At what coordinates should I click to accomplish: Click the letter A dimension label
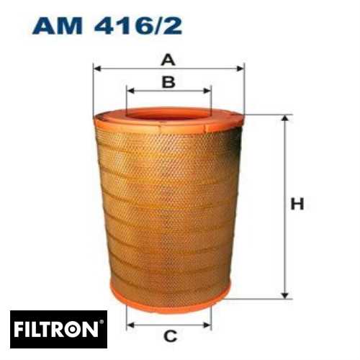pyautogui.click(x=168, y=59)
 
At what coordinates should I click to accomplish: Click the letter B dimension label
pyautogui.click(x=168, y=82)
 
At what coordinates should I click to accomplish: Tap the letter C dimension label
pyautogui.click(x=170, y=335)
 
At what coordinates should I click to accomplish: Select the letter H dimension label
pyautogui.click(x=297, y=204)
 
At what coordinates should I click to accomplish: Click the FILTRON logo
pyautogui.click(x=58, y=330)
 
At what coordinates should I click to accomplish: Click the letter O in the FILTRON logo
pyautogui.click(x=77, y=330)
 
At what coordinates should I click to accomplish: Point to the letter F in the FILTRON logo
pyautogui.click(x=19, y=330)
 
